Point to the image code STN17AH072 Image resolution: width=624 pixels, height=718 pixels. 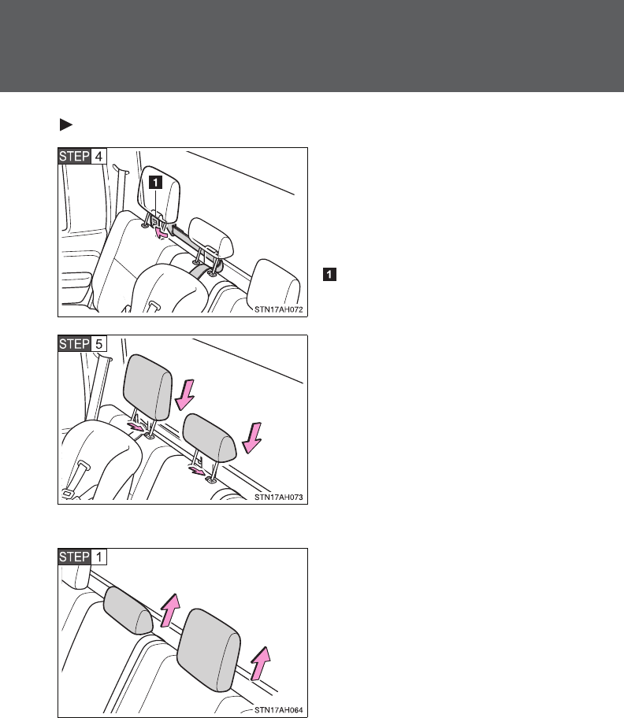pyautogui.click(x=278, y=309)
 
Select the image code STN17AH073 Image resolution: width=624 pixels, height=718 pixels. pyautogui.click(x=278, y=497)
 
